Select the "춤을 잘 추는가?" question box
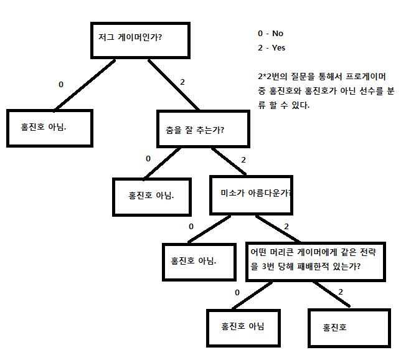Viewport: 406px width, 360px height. point(203,130)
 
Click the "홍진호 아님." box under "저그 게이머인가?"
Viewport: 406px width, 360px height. point(49,128)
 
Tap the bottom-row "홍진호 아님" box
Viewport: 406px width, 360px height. point(243,326)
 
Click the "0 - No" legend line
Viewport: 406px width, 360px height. point(271,34)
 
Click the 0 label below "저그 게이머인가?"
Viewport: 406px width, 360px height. point(60,84)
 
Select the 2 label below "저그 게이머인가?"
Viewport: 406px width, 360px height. point(182,82)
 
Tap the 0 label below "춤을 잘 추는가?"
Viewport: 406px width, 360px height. point(148,158)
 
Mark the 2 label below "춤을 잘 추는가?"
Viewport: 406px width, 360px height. point(243,160)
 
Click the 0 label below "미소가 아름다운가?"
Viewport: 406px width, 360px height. point(191,226)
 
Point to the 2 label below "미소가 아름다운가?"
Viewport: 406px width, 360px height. point(286,226)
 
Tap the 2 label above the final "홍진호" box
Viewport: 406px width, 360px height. point(341,291)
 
